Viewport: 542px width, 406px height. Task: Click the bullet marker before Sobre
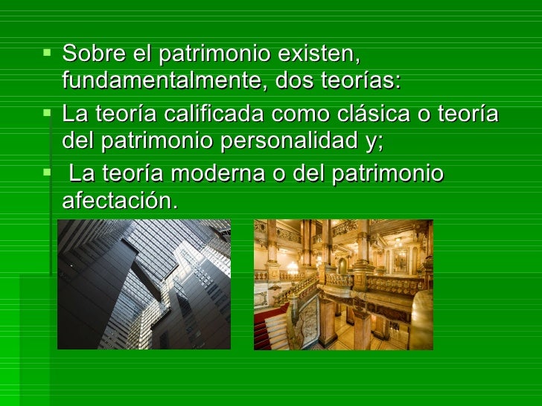click(x=48, y=54)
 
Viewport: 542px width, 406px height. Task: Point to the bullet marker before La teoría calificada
click(x=48, y=114)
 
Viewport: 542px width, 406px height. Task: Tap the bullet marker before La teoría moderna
click(x=48, y=174)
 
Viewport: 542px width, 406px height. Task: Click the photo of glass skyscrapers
click(x=144, y=284)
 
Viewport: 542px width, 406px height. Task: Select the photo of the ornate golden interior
click(x=343, y=284)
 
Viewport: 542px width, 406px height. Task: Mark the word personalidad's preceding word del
click(x=78, y=140)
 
